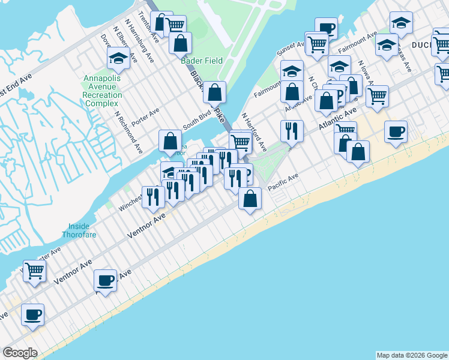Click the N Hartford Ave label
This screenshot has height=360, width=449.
pos(254,131)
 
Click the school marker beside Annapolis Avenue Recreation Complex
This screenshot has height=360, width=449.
pos(118,59)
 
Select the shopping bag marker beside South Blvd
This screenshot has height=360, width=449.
pos(170,142)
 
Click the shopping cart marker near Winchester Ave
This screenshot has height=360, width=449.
pos(34,271)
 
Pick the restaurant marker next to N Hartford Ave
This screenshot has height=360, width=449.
pos(291,131)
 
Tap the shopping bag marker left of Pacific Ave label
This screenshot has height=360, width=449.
pos(250,199)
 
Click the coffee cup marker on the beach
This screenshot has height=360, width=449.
pos(395,132)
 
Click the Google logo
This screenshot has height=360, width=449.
pos(20,353)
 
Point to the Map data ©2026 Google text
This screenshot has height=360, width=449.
pos(411,355)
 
